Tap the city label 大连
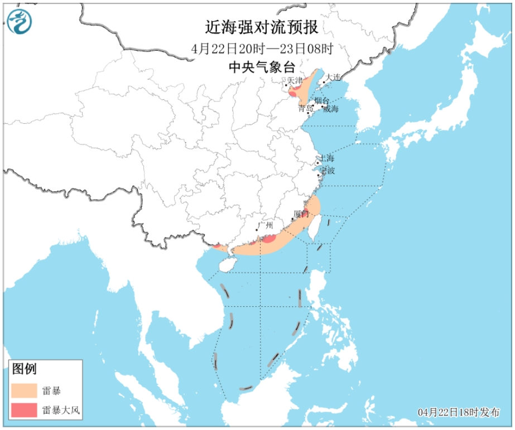(x=333, y=77)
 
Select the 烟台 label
(x=322, y=100)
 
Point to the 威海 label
(x=331, y=109)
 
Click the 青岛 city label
(x=305, y=108)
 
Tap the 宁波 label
(x=328, y=171)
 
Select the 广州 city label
(x=265, y=226)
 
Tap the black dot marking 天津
(x=286, y=85)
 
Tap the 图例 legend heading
(x=24, y=369)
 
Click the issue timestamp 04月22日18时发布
(x=459, y=413)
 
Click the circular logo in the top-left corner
(x=19, y=21)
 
